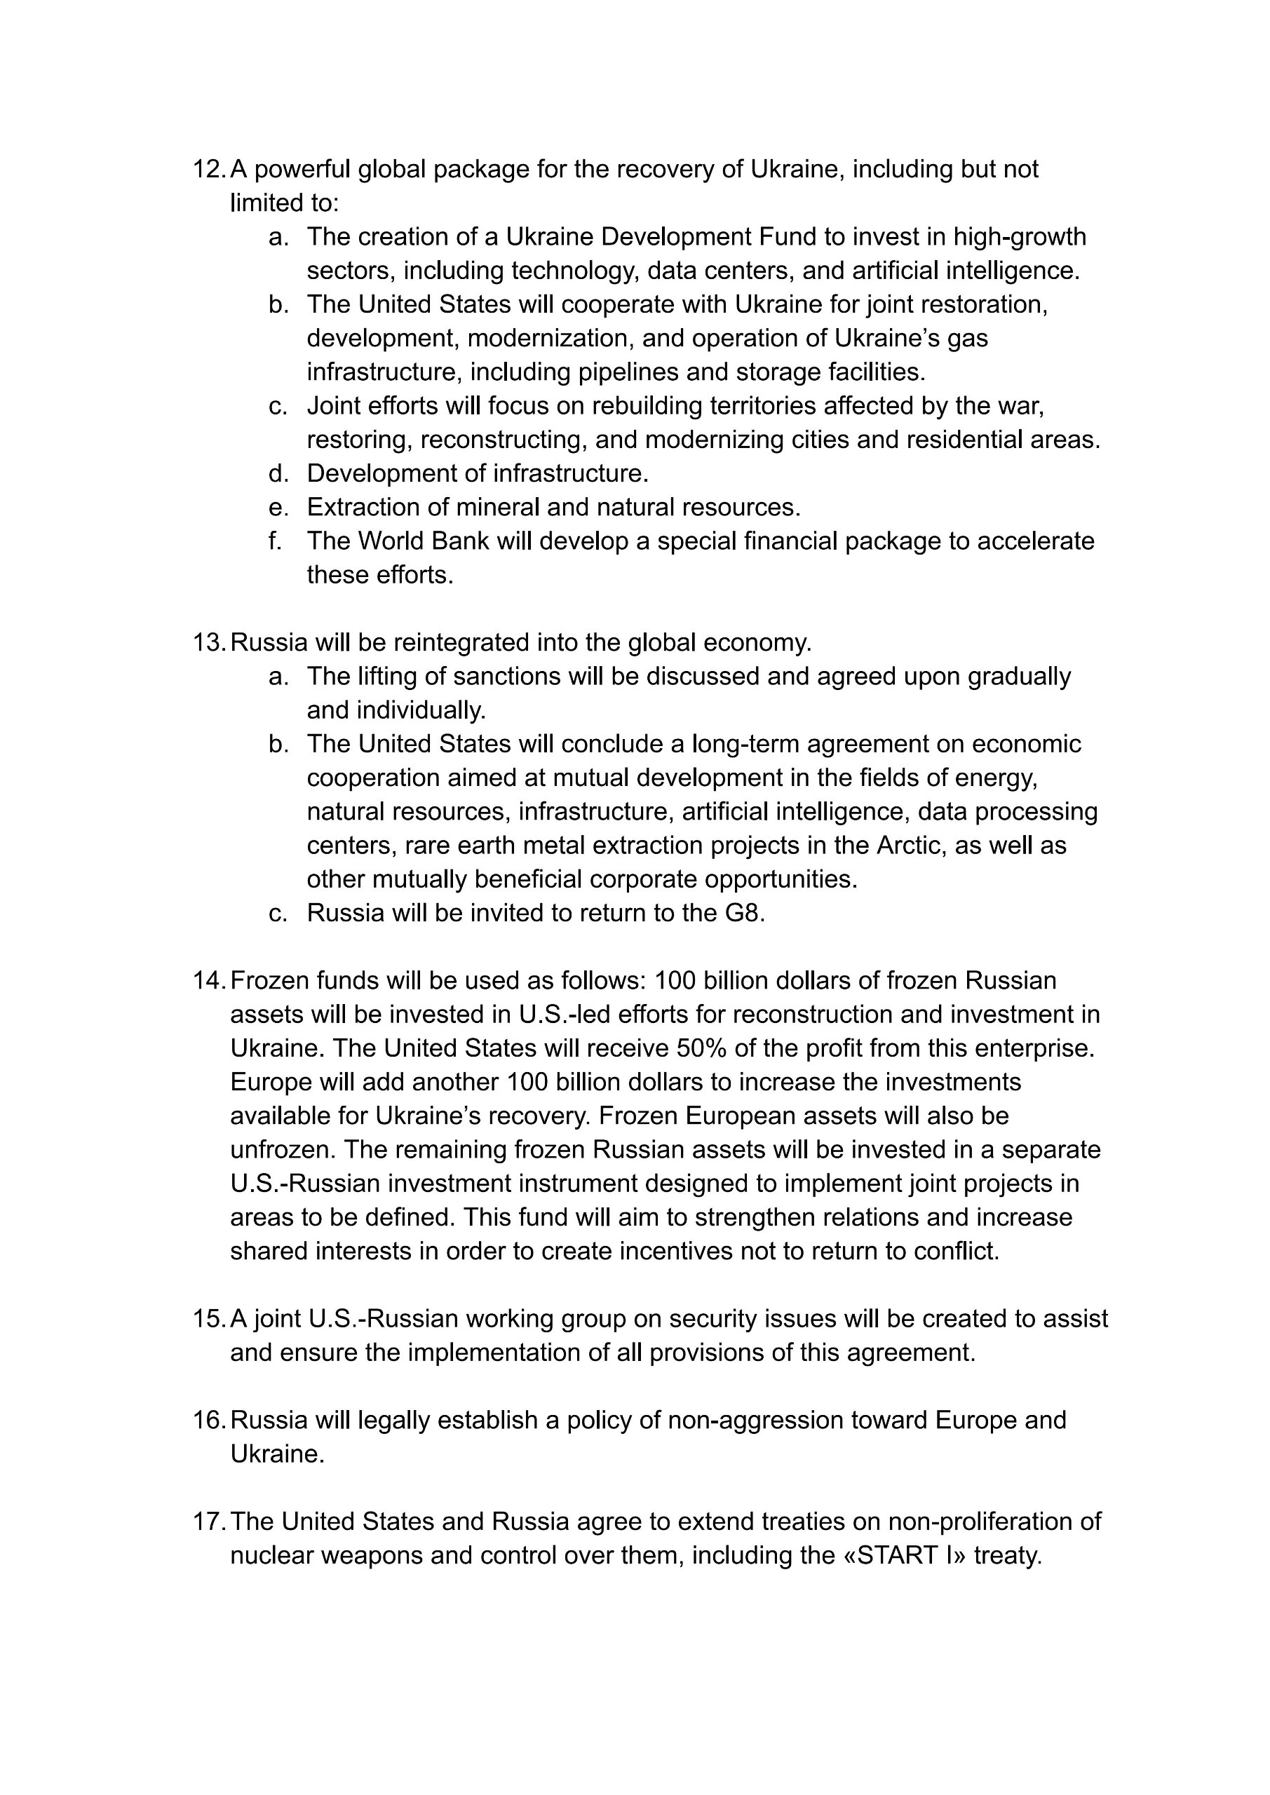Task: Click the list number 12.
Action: click(208, 169)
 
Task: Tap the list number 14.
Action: click(208, 980)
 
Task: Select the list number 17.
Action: click(208, 1522)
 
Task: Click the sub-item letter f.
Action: click(274, 541)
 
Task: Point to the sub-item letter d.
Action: click(278, 473)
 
